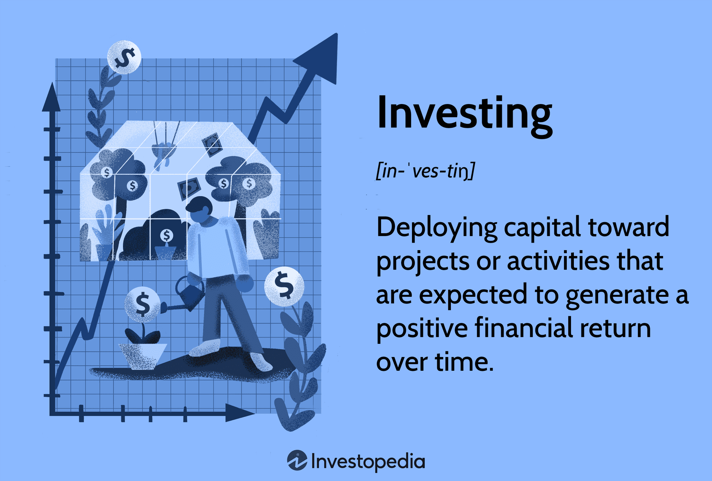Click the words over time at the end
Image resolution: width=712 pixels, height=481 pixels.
point(434,362)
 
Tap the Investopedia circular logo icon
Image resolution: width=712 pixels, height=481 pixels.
point(297,461)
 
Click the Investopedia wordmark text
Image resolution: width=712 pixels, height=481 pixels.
point(368,462)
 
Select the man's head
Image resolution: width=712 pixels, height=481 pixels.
point(199,209)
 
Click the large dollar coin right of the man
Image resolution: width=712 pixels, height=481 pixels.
point(284,286)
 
